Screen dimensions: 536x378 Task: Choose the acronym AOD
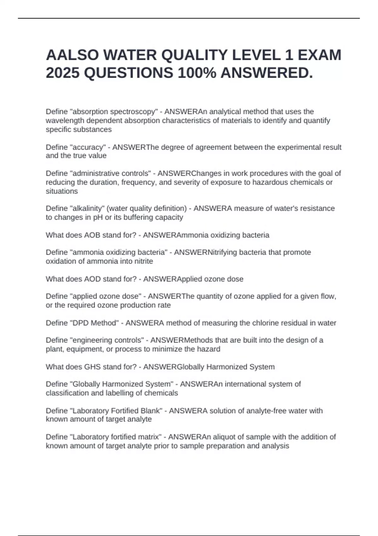click(92, 279)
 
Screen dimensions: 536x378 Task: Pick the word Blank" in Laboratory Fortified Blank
click(152, 411)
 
